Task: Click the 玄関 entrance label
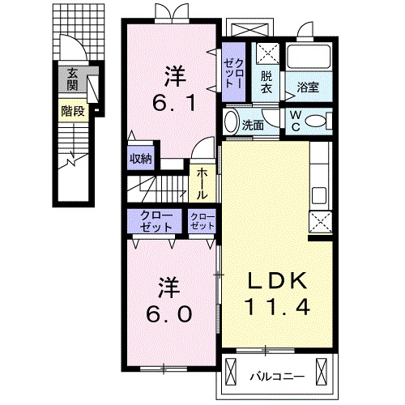click(x=72, y=79)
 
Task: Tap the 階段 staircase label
click(x=73, y=111)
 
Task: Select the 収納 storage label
click(x=141, y=159)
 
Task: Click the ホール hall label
click(x=202, y=184)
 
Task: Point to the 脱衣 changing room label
click(x=266, y=83)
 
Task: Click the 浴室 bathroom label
click(x=308, y=87)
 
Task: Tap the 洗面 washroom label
click(x=253, y=125)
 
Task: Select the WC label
click(x=296, y=122)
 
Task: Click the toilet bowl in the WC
click(x=317, y=122)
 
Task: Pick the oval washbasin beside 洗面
click(x=231, y=122)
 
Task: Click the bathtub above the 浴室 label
click(x=309, y=56)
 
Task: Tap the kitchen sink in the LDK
click(x=319, y=195)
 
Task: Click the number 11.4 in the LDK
click(x=277, y=308)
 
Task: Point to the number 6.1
click(x=173, y=104)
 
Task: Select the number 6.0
click(x=169, y=313)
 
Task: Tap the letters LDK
click(x=278, y=281)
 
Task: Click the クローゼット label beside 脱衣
click(x=233, y=74)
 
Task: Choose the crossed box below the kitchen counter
click(x=320, y=222)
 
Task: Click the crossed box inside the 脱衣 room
click(x=267, y=53)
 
